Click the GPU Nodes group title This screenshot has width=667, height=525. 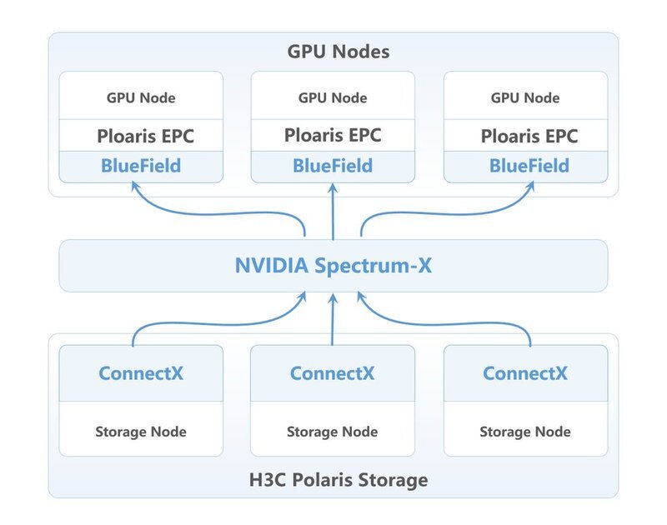[339, 52]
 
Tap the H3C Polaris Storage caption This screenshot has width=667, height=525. [339, 480]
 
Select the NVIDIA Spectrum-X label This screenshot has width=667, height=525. [333, 266]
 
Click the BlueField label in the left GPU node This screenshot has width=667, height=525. [141, 166]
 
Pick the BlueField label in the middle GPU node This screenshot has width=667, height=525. [333, 166]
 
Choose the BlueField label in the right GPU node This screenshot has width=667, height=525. [529, 166]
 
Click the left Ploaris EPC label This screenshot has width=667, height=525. [145, 137]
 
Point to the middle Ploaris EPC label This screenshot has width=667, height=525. [333, 136]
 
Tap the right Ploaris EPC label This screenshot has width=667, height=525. [529, 137]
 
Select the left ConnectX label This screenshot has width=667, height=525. [141, 373]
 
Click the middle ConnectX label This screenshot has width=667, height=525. [332, 373]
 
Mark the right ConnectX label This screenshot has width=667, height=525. [525, 373]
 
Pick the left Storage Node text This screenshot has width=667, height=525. [141, 432]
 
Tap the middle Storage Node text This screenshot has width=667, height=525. [332, 432]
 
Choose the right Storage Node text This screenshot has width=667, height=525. [525, 432]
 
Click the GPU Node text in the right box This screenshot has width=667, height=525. [525, 98]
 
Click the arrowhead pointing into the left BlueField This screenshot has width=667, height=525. [135, 186]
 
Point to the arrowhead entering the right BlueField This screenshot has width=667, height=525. [530, 186]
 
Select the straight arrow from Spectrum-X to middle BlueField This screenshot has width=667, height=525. [333, 212]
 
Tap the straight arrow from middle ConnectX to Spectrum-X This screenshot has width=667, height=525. [333, 319]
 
